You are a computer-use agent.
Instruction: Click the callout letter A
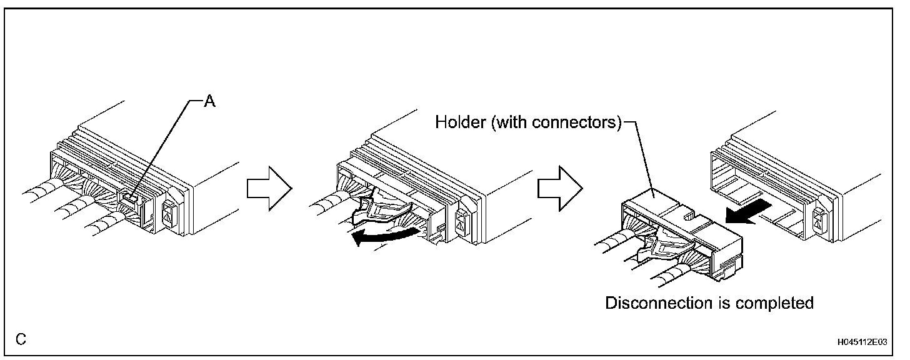(211, 101)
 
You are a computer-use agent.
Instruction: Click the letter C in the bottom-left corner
(21, 339)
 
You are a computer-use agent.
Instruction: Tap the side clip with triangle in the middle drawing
(463, 220)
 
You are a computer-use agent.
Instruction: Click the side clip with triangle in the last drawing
(819, 220)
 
